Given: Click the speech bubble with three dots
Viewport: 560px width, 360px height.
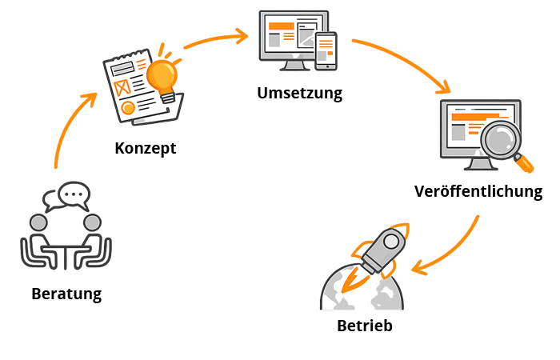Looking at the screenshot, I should tap(73, 194).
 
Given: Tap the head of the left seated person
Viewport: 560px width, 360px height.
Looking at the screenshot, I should tap(38, 222).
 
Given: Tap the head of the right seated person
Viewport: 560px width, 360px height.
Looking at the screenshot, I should tap(93, 222).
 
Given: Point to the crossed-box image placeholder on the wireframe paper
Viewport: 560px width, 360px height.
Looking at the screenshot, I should tap(123, 87).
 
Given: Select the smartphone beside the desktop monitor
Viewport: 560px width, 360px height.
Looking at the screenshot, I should tap(326, 50).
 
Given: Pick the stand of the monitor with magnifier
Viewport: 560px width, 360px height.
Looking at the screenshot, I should tap(480, 163).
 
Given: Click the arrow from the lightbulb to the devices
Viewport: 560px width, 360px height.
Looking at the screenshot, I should tap(216, 38).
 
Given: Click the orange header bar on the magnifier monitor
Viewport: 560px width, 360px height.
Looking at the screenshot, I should tap(469, 116).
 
